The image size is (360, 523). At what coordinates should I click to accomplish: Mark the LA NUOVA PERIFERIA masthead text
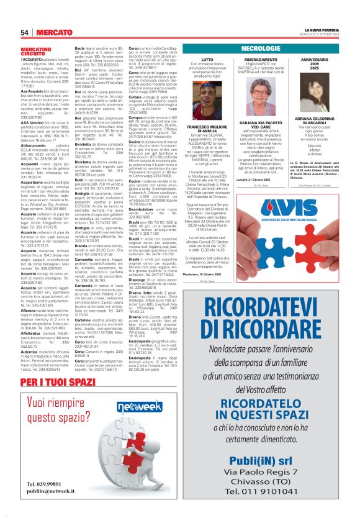[322, 29]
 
